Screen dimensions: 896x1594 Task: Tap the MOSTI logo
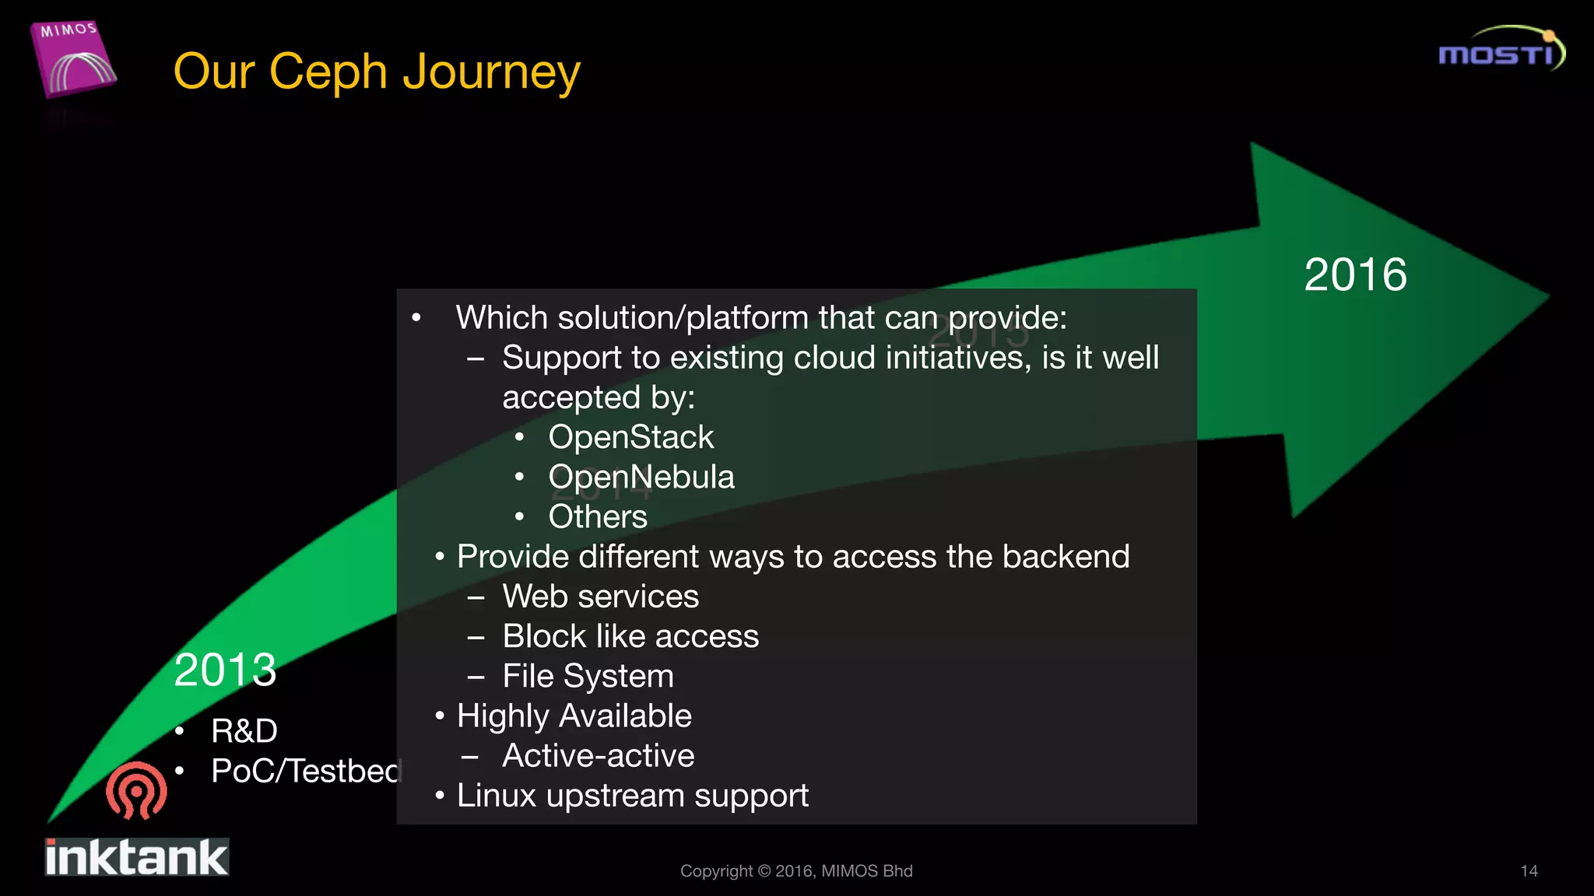1501,51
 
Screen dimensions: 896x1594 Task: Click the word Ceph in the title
328,72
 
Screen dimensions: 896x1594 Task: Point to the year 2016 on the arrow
1355,275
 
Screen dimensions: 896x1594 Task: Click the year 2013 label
225,670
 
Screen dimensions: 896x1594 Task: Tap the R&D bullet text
244,731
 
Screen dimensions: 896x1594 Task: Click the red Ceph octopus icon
136,790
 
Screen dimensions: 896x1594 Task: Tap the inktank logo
136,857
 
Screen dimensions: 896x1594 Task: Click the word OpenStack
630,437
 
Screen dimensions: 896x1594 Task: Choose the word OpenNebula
641,477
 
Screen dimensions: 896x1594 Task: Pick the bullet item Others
597,516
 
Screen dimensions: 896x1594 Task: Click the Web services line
600,597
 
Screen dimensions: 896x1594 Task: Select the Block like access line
630,636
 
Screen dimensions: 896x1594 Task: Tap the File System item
588,676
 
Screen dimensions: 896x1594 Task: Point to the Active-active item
598,756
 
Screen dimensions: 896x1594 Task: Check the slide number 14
1529,871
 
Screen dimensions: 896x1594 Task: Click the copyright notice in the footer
796,871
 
